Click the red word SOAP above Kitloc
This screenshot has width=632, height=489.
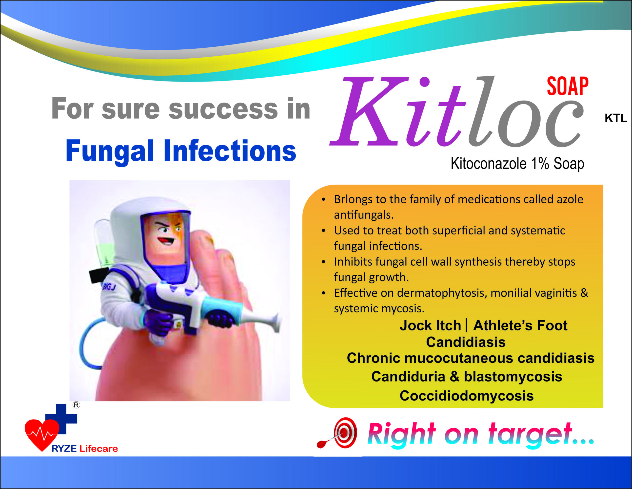coord(568,86)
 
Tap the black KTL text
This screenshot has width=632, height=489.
coord(616,118)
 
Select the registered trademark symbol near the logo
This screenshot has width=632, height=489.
coord(76,405)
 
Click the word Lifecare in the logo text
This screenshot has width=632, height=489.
coord(99,448)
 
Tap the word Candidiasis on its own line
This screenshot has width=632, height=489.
coord(466,342)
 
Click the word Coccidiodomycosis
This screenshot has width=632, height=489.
coord(467,396)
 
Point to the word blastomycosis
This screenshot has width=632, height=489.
coord(513,377)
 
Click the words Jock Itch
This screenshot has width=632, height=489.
coord(430,325)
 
